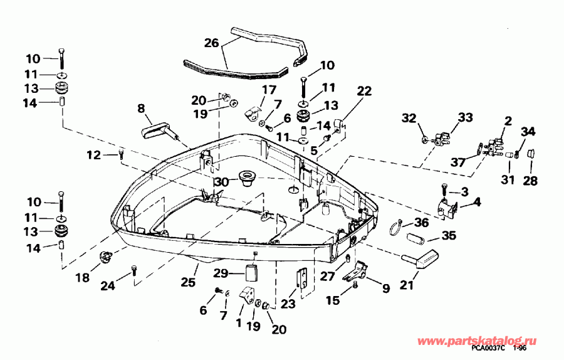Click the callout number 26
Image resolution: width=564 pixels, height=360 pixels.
tap(212, 43)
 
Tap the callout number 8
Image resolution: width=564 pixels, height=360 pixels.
tap(141, 108)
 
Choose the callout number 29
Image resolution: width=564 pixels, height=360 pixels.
tap(221, 274)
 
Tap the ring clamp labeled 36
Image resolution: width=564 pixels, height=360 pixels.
tap(393, 226)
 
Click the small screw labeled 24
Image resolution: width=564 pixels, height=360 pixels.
tap(134, 271)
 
